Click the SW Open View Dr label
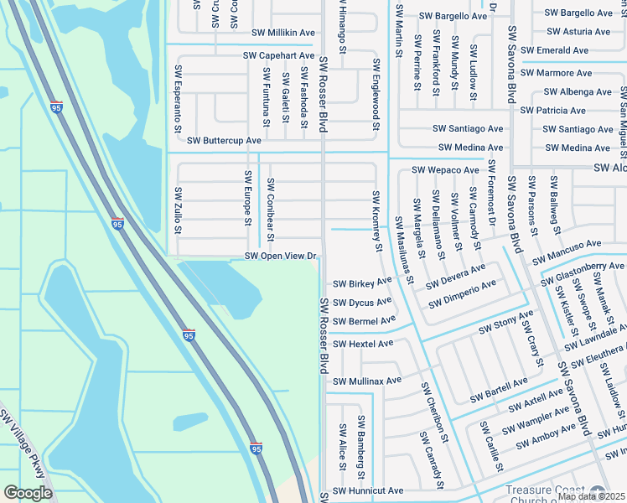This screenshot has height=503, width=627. coord(281,256)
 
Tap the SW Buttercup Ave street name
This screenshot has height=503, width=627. coord(224,141)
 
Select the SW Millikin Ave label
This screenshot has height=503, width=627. coord(278,33)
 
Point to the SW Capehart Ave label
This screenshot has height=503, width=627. coord(278,55)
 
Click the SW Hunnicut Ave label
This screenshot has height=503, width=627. coord(368,490)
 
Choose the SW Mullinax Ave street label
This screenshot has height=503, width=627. coord(368,381)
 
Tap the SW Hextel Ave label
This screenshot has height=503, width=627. coord(363,344)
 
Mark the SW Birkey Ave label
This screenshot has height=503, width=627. coord(362,283)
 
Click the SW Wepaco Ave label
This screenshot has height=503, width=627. coord(445,170)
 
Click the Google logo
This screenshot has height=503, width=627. coord(28,493)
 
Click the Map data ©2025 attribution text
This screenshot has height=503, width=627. coord(592,496)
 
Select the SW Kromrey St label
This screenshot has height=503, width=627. coord(377,220)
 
